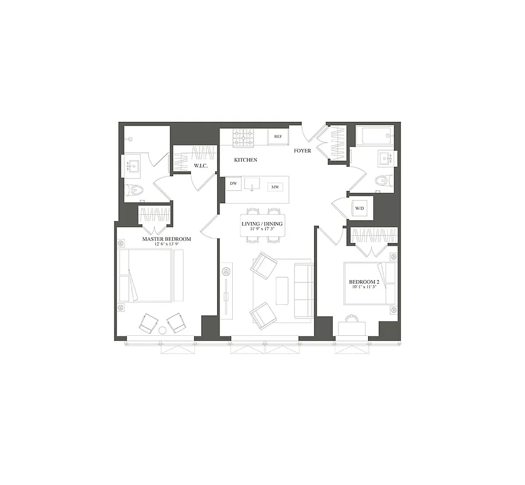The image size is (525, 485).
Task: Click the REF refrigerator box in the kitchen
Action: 278,137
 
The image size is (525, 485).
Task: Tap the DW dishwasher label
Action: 233,183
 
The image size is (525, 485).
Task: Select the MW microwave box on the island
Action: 275,187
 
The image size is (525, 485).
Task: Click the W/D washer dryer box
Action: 360,209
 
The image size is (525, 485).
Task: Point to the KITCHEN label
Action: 246,160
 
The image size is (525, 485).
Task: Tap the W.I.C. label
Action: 201,166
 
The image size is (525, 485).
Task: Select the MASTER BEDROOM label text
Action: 166,239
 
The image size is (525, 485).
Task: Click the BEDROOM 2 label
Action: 363,283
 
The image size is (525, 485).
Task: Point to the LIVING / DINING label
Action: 262,224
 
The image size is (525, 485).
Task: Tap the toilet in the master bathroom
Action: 137,191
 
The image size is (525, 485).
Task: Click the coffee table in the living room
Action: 283,290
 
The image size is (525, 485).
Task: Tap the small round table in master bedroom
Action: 162,330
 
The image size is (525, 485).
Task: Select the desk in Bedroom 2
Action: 352,329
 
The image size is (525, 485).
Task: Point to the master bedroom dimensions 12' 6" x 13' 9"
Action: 166,246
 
